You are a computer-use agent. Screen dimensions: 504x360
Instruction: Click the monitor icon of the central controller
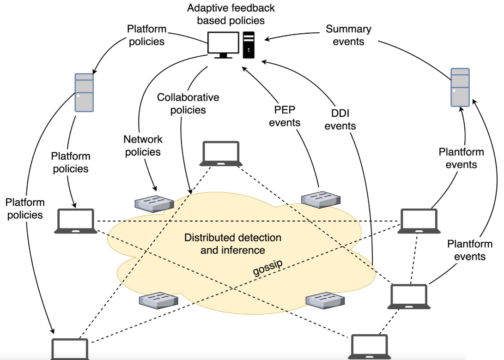pyautogui.click(x=223, y=45)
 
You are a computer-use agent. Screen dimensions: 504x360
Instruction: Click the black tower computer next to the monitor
pyautogui.click(x=249, y=45)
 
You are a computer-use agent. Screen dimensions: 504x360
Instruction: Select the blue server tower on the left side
pyautogui.click(x=84, y=92)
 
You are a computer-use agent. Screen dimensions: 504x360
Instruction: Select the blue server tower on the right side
pyautogui.click(x=460, y=87)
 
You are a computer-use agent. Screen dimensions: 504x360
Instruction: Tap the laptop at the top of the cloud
pyautogui.click(x=221, y=154)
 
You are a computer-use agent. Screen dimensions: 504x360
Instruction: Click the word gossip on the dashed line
pyautogui.click(x=268, y=267)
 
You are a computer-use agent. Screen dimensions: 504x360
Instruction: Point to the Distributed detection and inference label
pyautogui.click(x=233, y=244)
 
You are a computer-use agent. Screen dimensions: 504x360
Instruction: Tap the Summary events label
pyautogui.click(x=348, y=35)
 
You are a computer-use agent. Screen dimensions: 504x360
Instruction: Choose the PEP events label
pyautogui.click(x=285, y=116)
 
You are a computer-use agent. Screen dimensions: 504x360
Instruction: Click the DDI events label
pyautogui.click(x=340, y=120)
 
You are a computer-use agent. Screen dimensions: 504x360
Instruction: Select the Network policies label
pyautogui.click(x=143, y=145)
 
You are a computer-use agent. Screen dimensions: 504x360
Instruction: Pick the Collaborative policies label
pyautogui.click(x=188, y=103)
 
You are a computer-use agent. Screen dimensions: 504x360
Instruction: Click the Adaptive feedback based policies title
pyautogui.click(x=231, y=14)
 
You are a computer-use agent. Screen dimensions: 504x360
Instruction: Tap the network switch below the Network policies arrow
pyautogui.click(x=154, y=204)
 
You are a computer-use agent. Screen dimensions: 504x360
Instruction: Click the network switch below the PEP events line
pyautogui.click(x=321, y=199)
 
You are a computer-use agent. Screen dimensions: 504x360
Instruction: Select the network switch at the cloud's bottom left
pyautogui.click(x=158, y=300)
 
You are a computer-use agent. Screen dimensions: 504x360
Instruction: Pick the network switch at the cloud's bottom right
pyautogui.click(x=325, y=300)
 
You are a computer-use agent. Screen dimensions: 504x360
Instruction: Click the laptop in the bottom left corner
pyautogui.click(x=70, y=349)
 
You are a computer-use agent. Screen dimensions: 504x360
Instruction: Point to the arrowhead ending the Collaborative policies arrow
pyautogui.click(x=190, y=191)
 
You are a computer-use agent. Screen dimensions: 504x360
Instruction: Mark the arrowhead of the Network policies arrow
pyautogui.click(x=155, y=188)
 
